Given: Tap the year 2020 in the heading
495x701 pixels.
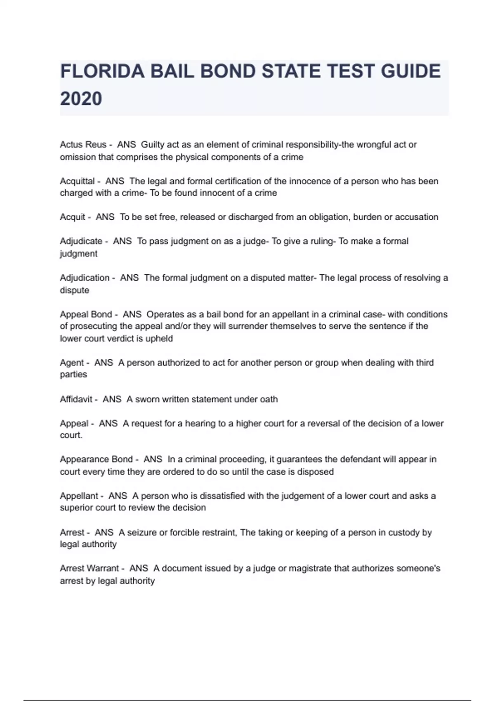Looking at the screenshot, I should point(81,99).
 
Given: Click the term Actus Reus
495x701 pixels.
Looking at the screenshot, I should point(83,145).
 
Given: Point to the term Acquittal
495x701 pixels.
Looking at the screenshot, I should point(77,181).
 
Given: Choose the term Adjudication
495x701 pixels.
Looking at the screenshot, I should point(84,278).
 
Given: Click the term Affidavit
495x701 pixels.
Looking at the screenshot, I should point(76,399).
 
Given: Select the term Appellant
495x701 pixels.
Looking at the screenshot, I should point(79,496).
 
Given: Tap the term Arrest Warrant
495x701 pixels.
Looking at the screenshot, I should point(89,568).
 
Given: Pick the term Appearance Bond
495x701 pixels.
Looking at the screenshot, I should point(96,459).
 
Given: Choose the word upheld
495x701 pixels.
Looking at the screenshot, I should point(159,339).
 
